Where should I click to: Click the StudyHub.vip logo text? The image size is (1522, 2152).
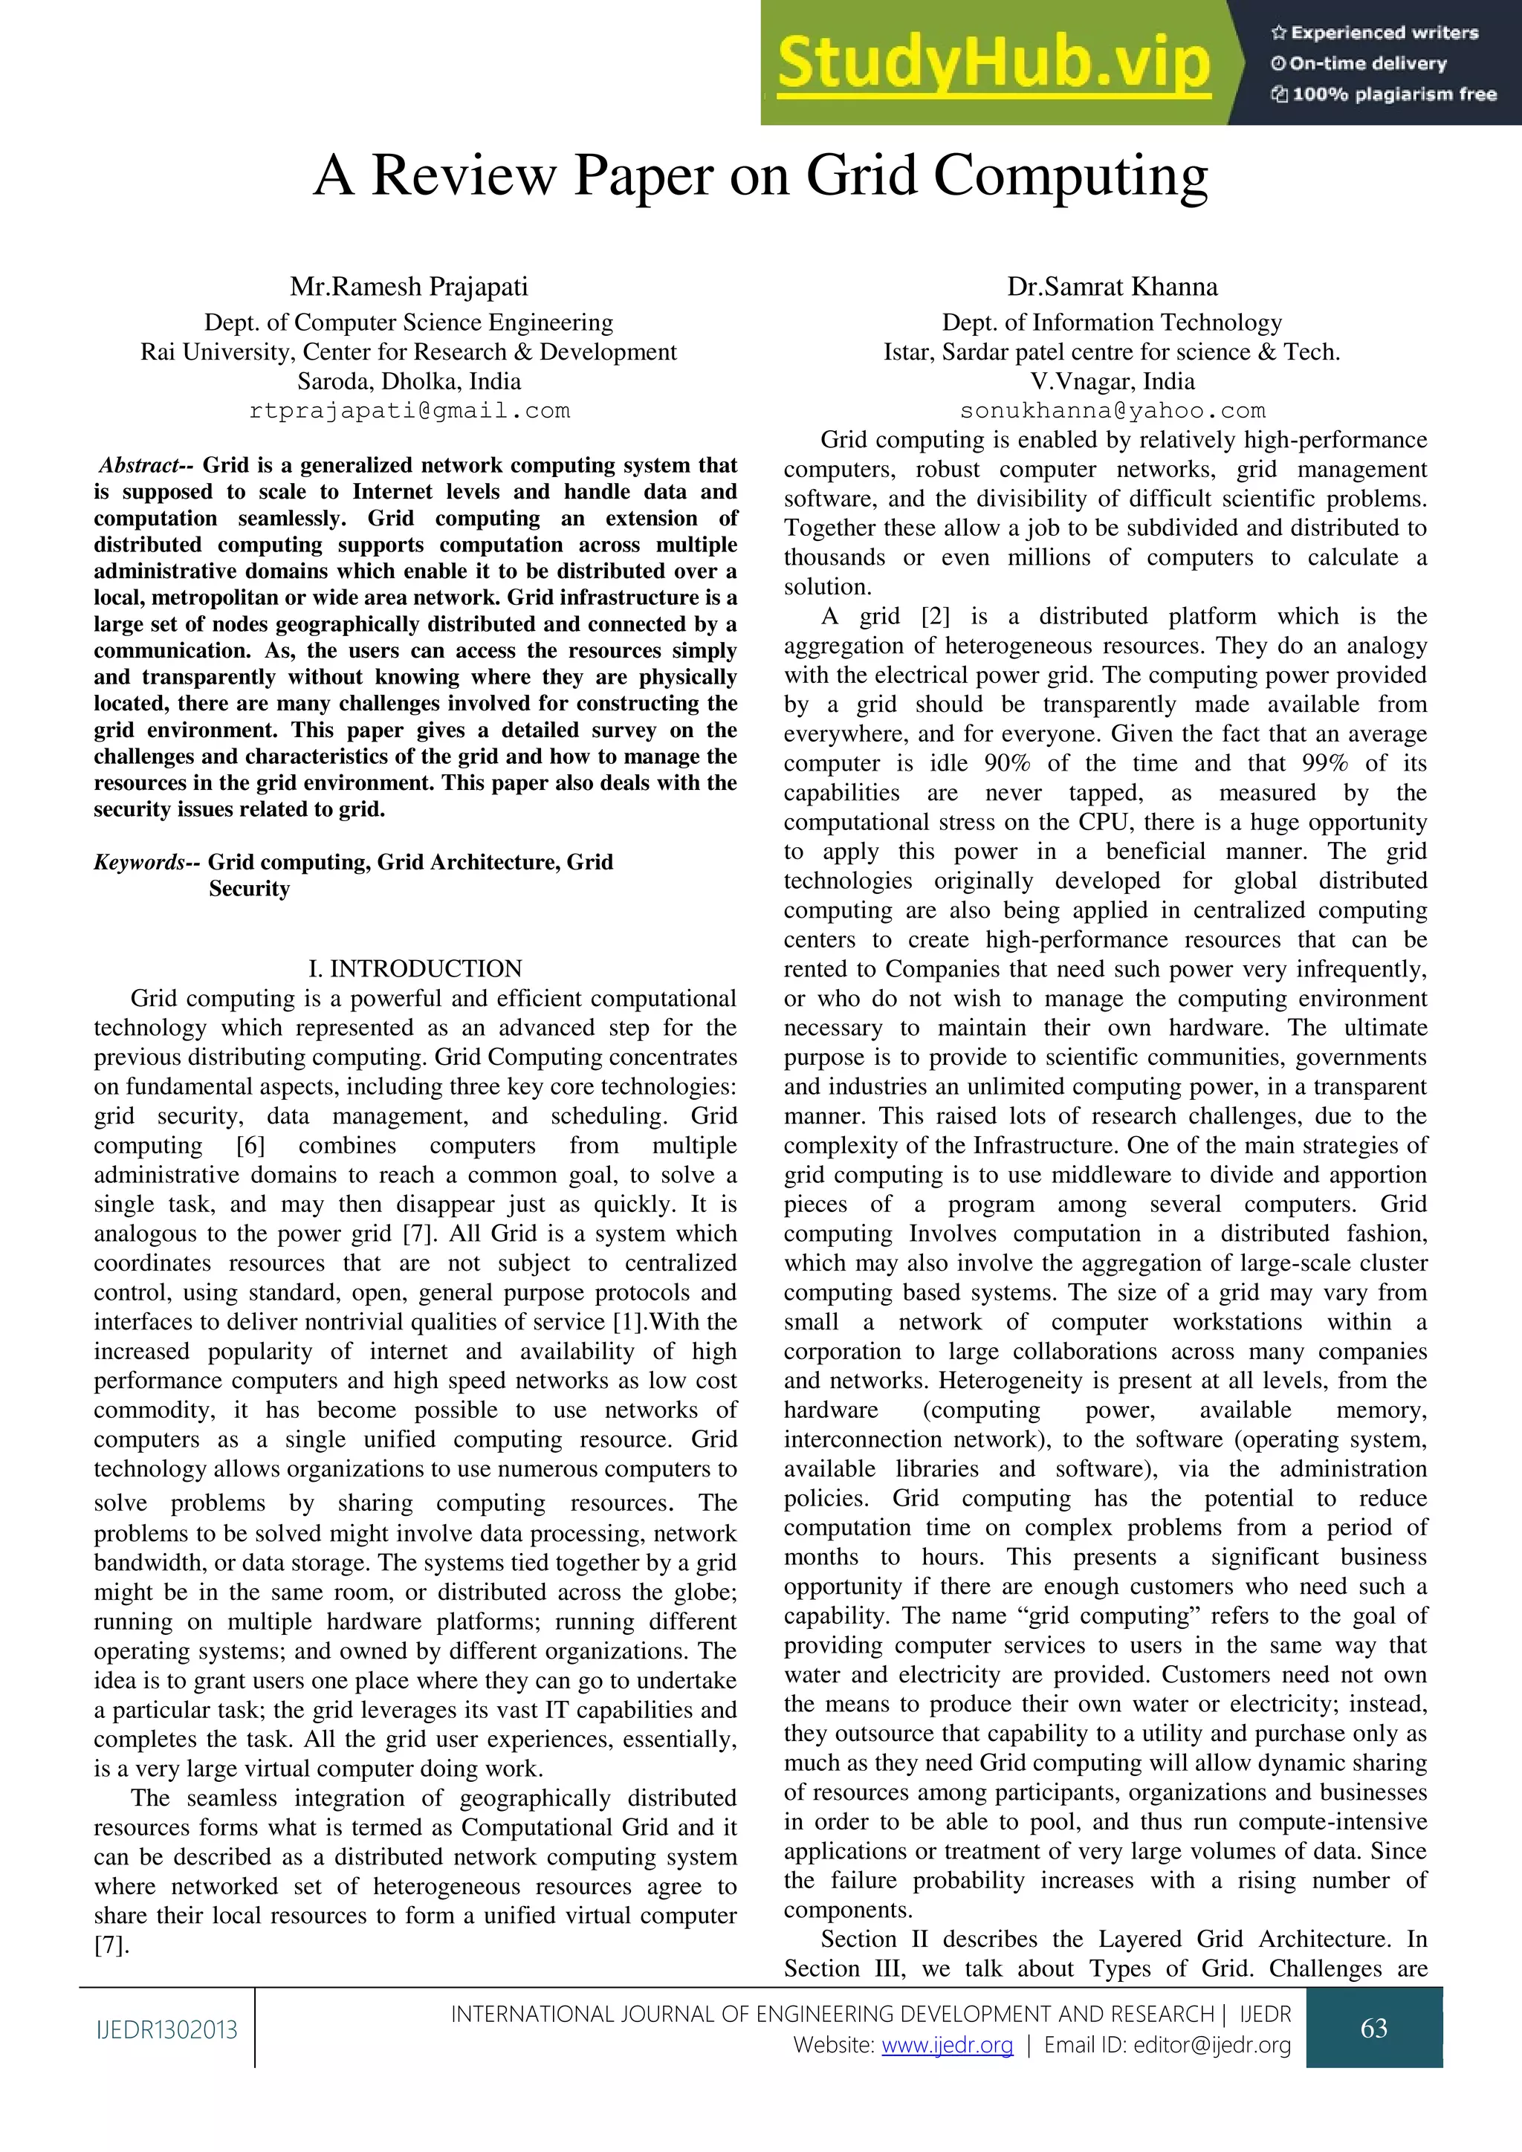click(x=994, y=62)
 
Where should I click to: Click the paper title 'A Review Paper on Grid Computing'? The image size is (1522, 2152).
click(x=760, y=175)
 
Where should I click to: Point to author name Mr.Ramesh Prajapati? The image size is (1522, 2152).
click(x=409, y=286)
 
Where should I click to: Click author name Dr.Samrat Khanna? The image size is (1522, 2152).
click(x=1112, y=286)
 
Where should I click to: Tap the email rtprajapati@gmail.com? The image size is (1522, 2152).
click(x=409, y=410)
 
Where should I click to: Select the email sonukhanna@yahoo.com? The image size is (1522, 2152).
click(x=1112, y=410)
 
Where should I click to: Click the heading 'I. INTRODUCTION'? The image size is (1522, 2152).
click(x=416, y=968)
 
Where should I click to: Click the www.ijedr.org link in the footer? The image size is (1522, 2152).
click(x=947, y=2044)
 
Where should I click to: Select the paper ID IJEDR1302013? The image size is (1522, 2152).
click(x=166, y=2030)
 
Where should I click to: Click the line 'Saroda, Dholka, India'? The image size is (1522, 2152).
click(x=409, y=381)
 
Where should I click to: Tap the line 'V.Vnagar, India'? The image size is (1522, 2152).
click(x=1112, y=381)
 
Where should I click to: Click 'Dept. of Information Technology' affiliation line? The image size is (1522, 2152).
click(x=1112, y=323)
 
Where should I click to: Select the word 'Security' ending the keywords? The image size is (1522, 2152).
click(x=249, y=889)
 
